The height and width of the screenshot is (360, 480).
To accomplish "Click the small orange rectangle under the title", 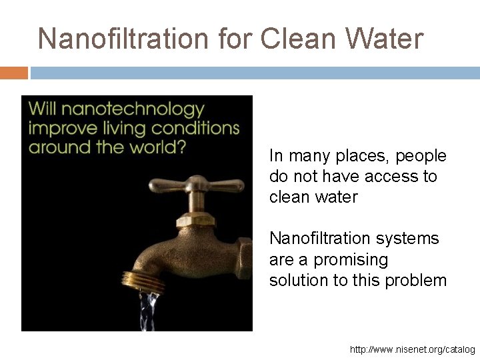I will [x=14, y=73].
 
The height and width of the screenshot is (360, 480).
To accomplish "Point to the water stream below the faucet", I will [x=148, y=309].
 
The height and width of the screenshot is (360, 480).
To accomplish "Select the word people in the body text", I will [x=421, y=156].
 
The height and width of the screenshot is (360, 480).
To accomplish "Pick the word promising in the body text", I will [x=351, y=259].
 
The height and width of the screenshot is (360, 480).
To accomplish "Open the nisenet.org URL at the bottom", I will [x=412, y=349].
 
